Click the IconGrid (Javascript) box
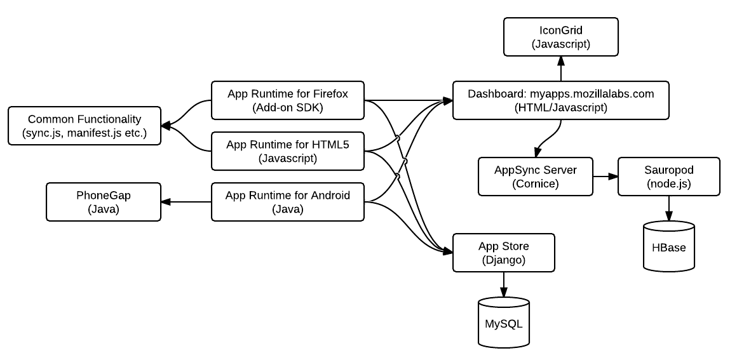[561, 37]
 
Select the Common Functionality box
[84, 126]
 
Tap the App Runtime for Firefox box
[288, 100]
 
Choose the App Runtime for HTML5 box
[288, 151]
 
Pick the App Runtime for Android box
[288, 202]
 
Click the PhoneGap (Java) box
[104, 202]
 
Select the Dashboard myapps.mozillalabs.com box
[561, 100]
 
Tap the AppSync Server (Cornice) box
[536, 177]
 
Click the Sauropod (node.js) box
[669, 177]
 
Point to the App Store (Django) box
[504, 253]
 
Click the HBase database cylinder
[669, 246]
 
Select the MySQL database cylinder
[504, 323]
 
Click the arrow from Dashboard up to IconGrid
[561, 69]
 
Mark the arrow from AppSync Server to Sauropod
[605, 177]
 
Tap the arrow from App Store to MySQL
[504, 284]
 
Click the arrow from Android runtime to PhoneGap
[186, 202]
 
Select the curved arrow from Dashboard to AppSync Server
[548, 138]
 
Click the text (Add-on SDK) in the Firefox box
[288, 108]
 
